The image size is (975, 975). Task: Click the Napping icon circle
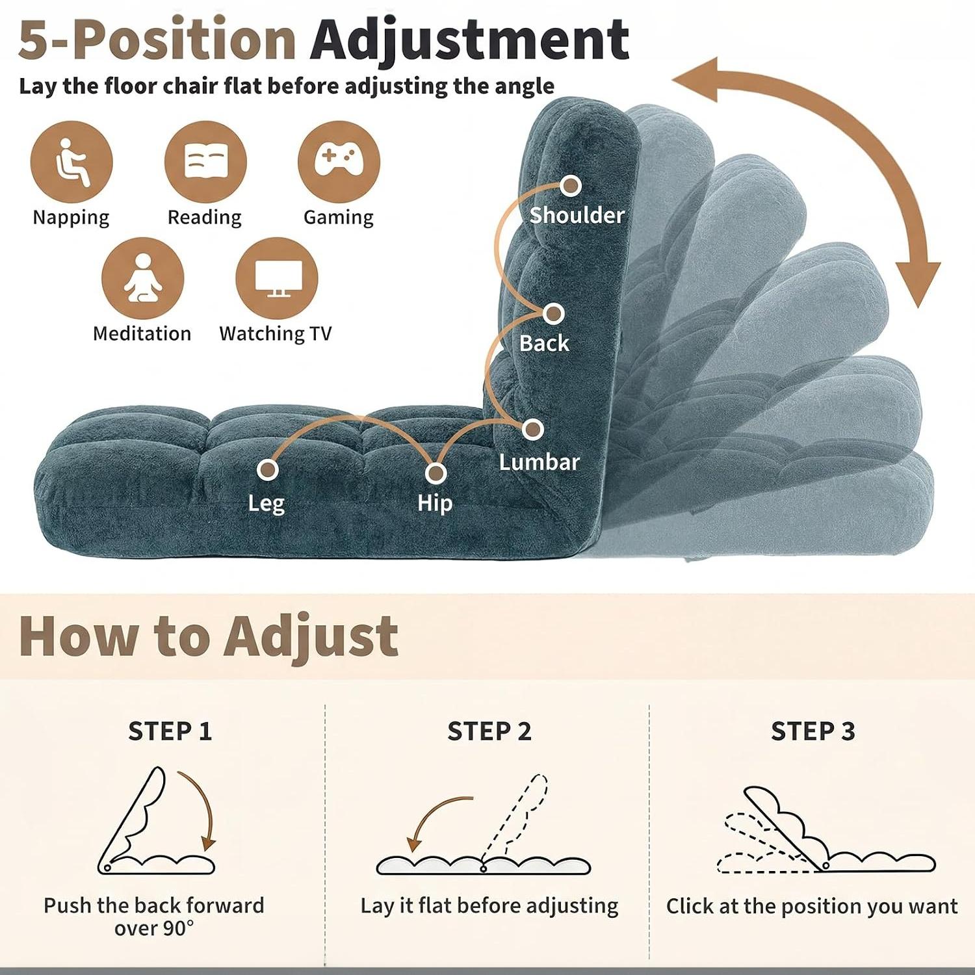[71, 162]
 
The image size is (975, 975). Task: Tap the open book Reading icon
[205, 162]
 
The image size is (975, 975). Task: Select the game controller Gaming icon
[339, 162]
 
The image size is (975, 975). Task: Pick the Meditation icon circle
[143, 278]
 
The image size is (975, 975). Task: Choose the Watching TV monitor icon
[277, 278]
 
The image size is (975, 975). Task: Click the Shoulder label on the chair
[577, 214]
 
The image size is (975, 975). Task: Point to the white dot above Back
[553, 314]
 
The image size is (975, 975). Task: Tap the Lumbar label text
[539, 461]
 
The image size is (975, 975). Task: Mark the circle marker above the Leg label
[267, 469]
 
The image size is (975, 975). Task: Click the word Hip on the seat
[435, 503]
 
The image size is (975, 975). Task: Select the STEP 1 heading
[170, 731]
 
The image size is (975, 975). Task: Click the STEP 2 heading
[489, 731]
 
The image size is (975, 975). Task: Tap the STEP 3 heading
[812, 731]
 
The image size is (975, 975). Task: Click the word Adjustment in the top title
[469, 40]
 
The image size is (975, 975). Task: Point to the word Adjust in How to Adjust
[311, 637]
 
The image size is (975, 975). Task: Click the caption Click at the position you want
[812, 905]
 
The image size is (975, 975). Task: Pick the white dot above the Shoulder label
[570, 186]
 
